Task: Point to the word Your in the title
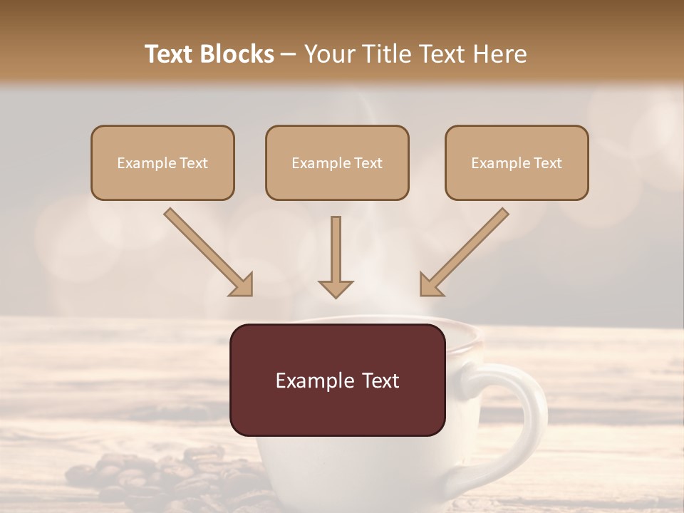coord(327,54)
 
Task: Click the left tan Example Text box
coord(162,162)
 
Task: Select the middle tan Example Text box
coord(337,162)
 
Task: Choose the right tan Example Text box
coord(517,162)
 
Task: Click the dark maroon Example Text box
coord(337,380)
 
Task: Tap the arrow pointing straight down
coord(336,256)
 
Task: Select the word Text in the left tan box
coord(194,163)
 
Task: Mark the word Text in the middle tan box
coord(368,163)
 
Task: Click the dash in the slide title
coord(289,54)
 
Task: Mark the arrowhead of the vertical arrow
coord(336,288)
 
